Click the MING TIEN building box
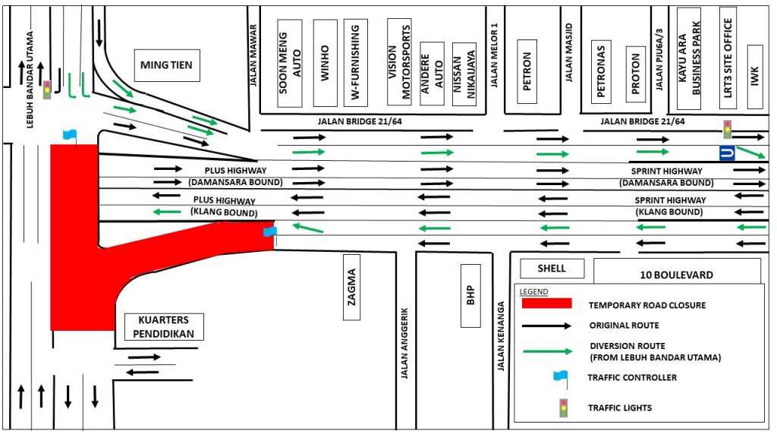[x=166, y=65]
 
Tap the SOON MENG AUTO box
[x=289, y=63]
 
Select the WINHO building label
[x=325, y=63]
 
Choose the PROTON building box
[x=636, y=73]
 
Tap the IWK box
[x=754, y=73]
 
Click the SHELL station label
[x=552, y=268]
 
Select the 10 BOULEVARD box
[x=677, y=274]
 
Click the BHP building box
[x=470, y=295]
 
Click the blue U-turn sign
[x=727, y=153]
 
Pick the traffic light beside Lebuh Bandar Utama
[x=47, y=89]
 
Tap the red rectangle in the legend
[x=546, y=303]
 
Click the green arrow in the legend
[x=546, y=351]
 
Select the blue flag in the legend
[x=561, y=376]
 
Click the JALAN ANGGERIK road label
[x=405, y=342]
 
